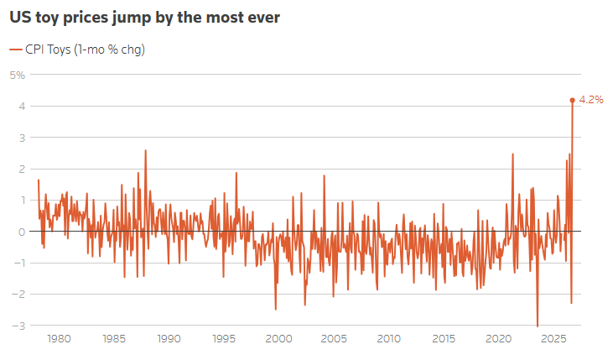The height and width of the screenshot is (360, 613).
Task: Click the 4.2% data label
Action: [x=591, y=100]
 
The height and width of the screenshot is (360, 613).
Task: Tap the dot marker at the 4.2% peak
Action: [x=573, y=100]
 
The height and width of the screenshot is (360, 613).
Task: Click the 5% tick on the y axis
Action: [x=18, y=75]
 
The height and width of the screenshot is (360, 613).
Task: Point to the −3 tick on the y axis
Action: [x=18, y=326]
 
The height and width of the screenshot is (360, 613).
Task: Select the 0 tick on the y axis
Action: [x=22, y=232]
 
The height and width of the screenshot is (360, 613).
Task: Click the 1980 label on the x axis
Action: [x=59, y=338]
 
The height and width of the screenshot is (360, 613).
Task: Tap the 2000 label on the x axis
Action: [x=278, y=338]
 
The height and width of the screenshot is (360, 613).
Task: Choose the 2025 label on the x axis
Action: [x=553, y=338]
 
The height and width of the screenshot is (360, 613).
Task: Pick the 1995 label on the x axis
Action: [x=224, y=338]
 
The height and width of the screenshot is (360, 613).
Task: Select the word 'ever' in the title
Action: [x=266, y=18]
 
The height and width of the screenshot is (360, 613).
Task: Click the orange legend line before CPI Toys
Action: [x=16, y=50]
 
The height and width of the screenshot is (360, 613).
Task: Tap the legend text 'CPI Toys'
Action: [x=48, y=50]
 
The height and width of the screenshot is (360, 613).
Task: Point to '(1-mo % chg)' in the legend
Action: [x=110, y=50]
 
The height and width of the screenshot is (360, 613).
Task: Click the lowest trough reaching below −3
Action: [x=538, y=326]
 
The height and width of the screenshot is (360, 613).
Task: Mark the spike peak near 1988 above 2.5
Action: [x=145, y=150]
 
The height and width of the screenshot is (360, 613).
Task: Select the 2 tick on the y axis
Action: [x=22, y=169]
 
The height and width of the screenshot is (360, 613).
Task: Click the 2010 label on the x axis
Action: [x=388, y=338]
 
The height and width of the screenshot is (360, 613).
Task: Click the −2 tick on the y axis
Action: [x=18, y=295]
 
